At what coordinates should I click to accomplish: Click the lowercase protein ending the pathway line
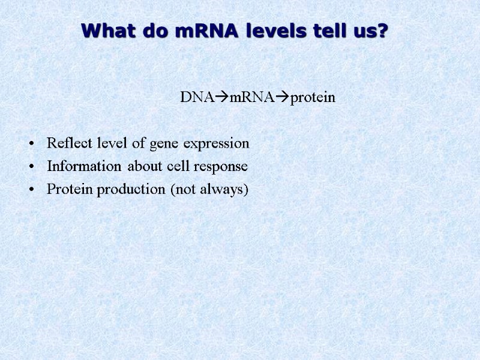[x=313, y=98]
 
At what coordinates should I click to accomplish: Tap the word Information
[x=85, y=167]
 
